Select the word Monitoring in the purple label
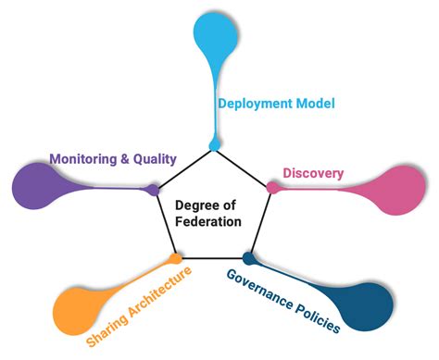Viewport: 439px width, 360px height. click(x=82, y=158)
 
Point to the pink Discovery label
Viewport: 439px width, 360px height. click(x=313, y=173)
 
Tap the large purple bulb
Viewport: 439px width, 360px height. click(x=37, y=184)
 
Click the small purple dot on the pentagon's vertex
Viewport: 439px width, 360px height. click(x=153, y=190)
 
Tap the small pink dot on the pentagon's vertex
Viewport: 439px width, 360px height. click(x=272, y=188)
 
